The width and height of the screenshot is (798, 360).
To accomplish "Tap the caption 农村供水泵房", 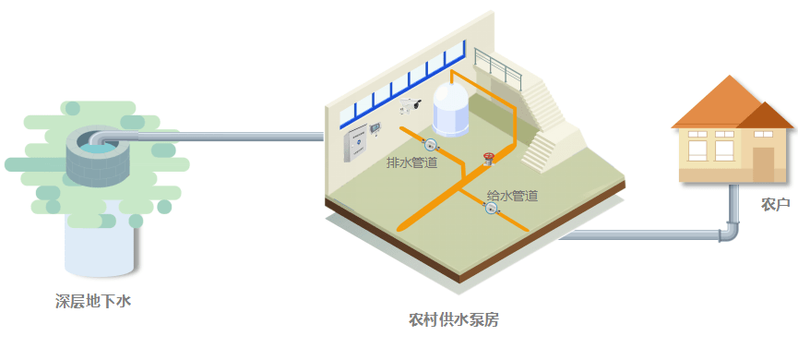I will (x=454, y=320).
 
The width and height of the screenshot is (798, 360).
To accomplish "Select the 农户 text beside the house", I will (x=775, y=203).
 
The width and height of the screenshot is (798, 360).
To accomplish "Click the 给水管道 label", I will (x=512, y=196).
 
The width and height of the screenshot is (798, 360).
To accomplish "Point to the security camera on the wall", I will (x=411, y=107).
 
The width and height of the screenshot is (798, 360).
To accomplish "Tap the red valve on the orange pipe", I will (x=488, y=158).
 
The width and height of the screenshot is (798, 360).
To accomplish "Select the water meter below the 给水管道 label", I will (x=491, y=209).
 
